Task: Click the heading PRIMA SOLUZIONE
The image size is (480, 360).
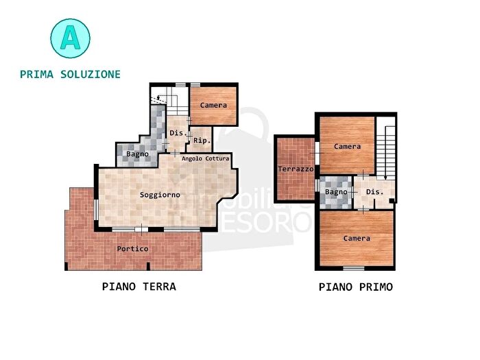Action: [x=71, y=74]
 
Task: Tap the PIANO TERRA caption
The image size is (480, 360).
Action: [x=139, y=287]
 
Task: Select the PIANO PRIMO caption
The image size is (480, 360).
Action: [x=356, y=287]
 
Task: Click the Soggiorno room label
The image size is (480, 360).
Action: [x=160, y=195]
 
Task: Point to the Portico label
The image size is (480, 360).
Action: [x=132, y=248]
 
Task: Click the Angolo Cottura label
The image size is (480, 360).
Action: [x=205, y=159]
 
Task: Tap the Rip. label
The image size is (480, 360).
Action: [x=201, y=141]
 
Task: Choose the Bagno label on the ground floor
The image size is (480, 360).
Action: [x=137, y=154]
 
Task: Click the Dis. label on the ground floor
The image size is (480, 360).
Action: [x=177, y=132]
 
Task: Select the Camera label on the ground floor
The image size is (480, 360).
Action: [x=213, y=105]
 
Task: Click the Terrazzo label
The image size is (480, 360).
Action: [x=296, y=169]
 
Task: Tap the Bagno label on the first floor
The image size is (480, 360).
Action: [x=336, y=192]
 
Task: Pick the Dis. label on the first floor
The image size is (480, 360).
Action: [x=374, y=192]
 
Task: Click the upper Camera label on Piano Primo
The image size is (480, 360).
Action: [x=348, y=146]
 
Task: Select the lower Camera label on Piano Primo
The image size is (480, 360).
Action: [x=357, y=239]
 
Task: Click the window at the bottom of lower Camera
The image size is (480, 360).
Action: [x=354, y=267]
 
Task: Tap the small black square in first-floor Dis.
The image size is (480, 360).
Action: [x=392, y=200]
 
